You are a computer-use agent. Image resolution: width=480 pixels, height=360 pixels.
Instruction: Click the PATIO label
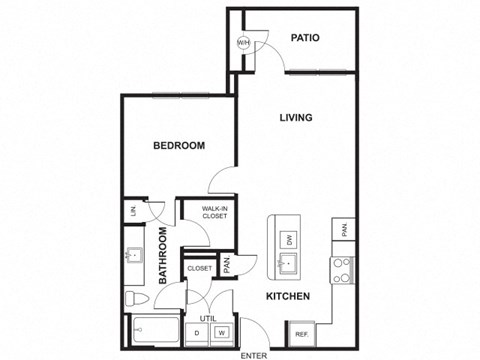[x=305, y=38]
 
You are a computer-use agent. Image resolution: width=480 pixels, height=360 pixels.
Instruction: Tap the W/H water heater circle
[x=243, y=43]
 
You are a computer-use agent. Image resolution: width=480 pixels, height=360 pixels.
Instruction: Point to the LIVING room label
[x=295, y=118]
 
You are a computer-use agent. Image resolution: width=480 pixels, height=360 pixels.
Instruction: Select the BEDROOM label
[x=179, y=146]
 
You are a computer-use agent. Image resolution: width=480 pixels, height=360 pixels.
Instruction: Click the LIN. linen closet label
[x=134, y=210]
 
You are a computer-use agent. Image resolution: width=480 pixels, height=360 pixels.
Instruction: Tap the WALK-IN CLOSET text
[x=214, y=212]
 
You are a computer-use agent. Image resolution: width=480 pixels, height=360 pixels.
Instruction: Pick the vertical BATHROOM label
[x=163, y=257]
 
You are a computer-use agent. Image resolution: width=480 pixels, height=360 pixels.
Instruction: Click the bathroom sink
[x=133, y=257]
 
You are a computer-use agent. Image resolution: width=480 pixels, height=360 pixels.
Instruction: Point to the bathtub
[x=154, y=331]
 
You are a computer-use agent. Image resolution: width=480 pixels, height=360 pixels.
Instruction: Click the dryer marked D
[x=199, y=332]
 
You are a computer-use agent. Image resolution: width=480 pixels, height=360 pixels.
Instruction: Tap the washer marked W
[x=222, y=332]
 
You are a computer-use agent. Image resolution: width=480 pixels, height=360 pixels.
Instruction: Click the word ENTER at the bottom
[x=255, y=353]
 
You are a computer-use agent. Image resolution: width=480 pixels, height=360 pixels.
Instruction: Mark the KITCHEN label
[x=288, y=297]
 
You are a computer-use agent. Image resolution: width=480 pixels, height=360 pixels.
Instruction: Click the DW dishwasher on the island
[x=289, y=239]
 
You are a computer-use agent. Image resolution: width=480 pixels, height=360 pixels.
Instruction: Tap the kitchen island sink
[x=288, y=265]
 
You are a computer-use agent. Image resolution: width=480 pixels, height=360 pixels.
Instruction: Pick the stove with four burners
[x=343, y=269]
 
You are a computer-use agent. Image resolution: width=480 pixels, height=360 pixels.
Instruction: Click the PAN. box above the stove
[x=343, y=230]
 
